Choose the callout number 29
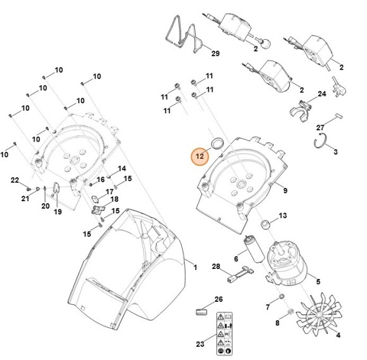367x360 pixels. [215, 54]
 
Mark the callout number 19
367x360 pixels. [57, 212]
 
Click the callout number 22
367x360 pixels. [15, 181]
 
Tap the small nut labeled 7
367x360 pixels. [282, 297]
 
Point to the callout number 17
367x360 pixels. [109, 192]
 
